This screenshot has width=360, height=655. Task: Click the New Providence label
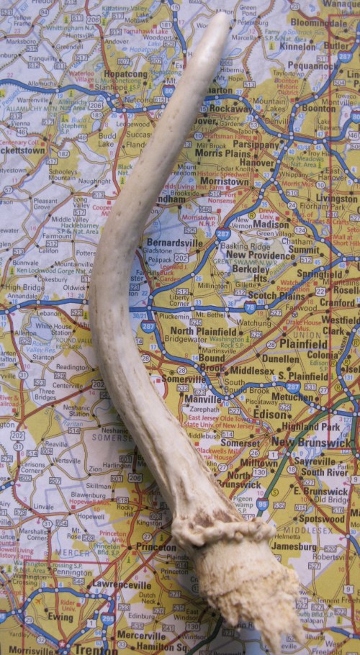point(260,256)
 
